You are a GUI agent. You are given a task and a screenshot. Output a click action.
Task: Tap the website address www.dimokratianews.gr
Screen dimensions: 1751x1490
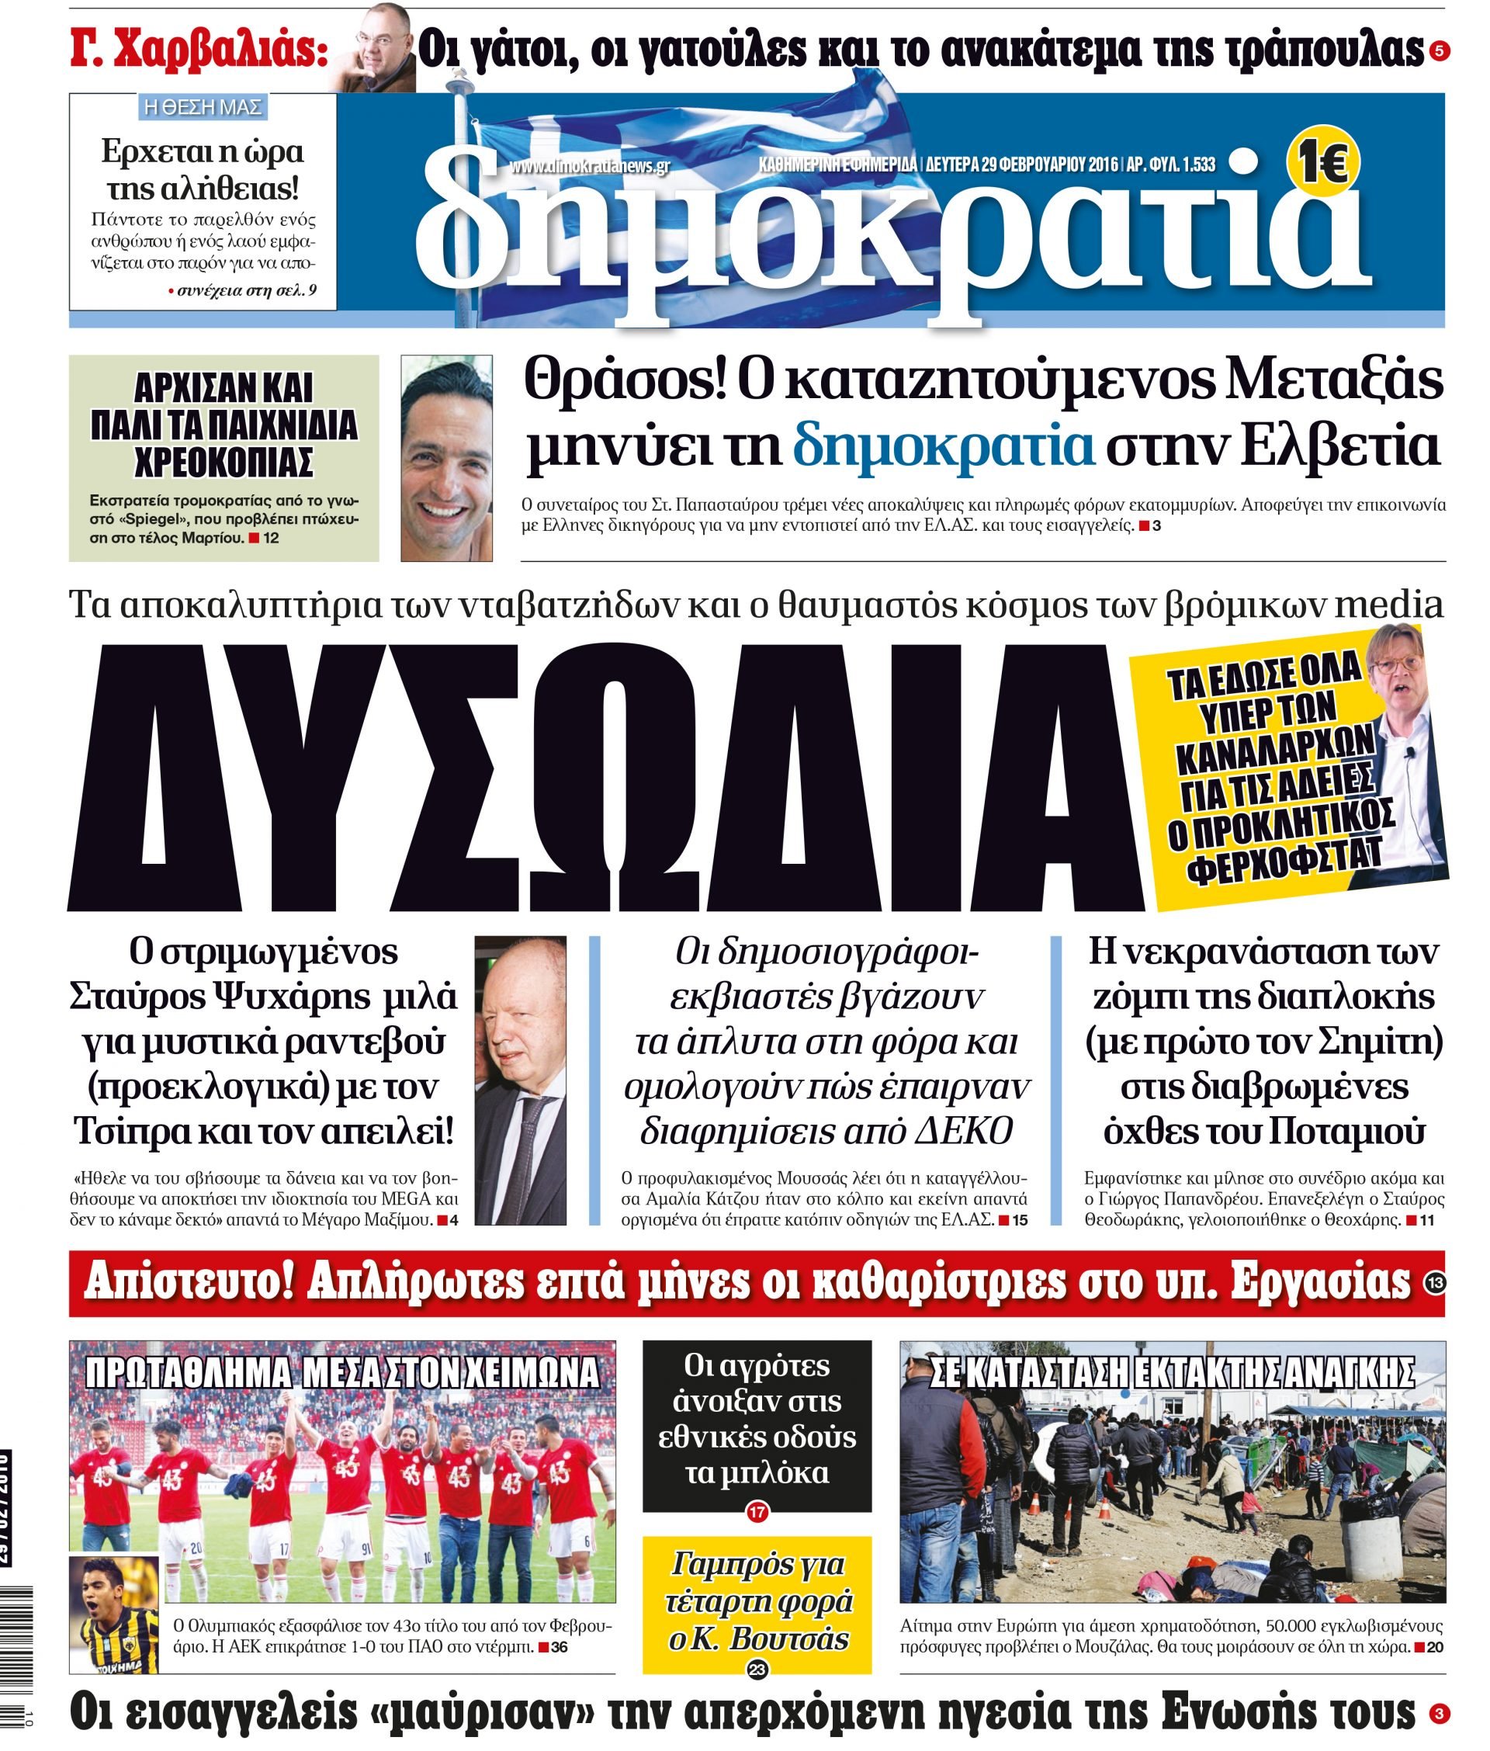coord(589,165)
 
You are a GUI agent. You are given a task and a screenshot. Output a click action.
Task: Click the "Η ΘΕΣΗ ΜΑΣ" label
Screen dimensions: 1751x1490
coord(203,107)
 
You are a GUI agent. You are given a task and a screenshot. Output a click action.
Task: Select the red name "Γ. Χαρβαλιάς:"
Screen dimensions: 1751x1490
coord(199,50)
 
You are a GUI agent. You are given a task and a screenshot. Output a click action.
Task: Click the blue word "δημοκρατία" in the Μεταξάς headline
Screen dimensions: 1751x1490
coord(943,447)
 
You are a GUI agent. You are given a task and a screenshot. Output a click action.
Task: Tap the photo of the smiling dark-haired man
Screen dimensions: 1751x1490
coord(446,459)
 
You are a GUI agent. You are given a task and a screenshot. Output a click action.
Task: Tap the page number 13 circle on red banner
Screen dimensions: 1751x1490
coord(1435,1283)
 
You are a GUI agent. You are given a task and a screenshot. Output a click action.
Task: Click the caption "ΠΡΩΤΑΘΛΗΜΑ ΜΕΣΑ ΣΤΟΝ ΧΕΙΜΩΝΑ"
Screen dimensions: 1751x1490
coord(343,1374)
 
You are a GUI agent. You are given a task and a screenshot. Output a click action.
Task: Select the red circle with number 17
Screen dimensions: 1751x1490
coord(757,1512)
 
